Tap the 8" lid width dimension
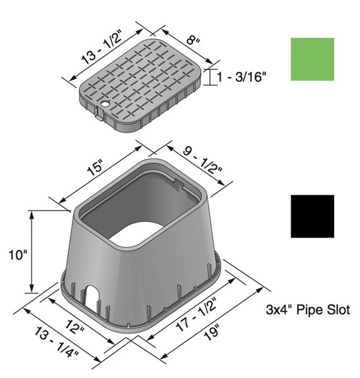pos(193,40)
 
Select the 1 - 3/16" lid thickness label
pos(241,77)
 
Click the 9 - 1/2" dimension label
pos(202,161)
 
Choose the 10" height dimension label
pos(18,255)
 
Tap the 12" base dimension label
pos(75,326)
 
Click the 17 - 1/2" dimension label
pos(196,315)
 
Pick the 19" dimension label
pos(212,332)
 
